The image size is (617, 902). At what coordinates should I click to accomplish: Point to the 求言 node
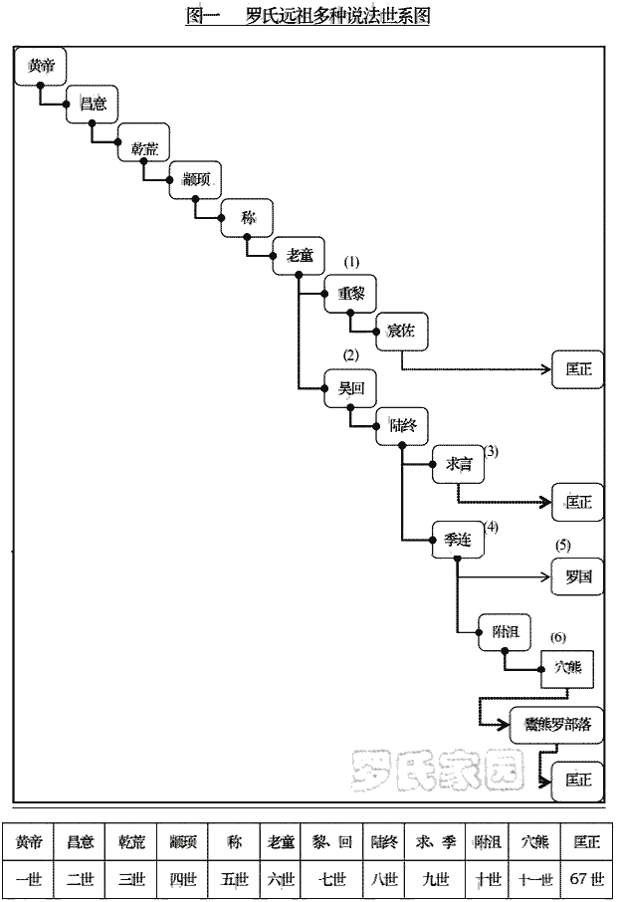[458, 464]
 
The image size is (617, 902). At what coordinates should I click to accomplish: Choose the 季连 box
[458, 541]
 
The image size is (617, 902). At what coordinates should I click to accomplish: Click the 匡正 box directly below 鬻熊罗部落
[577, 780]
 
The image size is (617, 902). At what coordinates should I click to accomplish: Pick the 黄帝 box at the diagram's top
[41, 66]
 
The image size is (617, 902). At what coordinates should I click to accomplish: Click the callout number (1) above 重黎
[351, 261]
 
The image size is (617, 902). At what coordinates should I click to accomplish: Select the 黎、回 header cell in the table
[332, 842]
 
